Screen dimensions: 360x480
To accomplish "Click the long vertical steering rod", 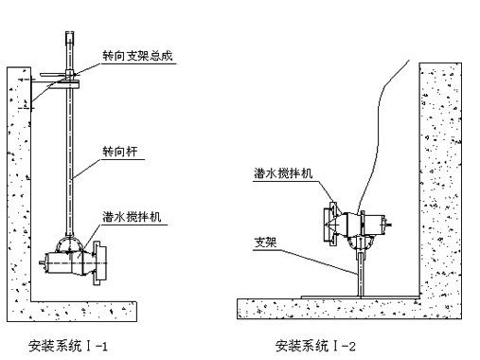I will (72, 161).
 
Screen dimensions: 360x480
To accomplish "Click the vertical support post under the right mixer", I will (361, 271).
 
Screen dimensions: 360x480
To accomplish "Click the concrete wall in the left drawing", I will (17, 189).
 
